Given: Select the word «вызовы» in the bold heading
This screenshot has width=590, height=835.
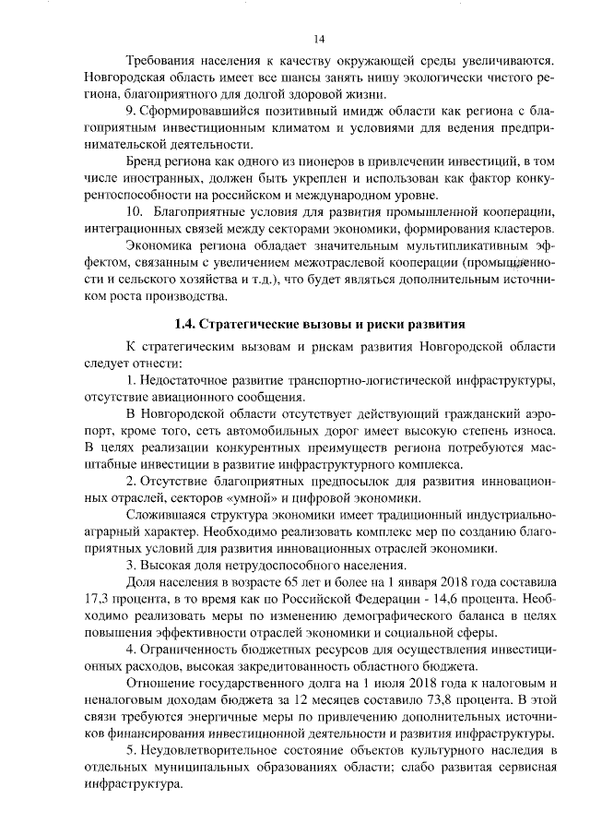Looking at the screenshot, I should pyautogui.click(x=313, y=324).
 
